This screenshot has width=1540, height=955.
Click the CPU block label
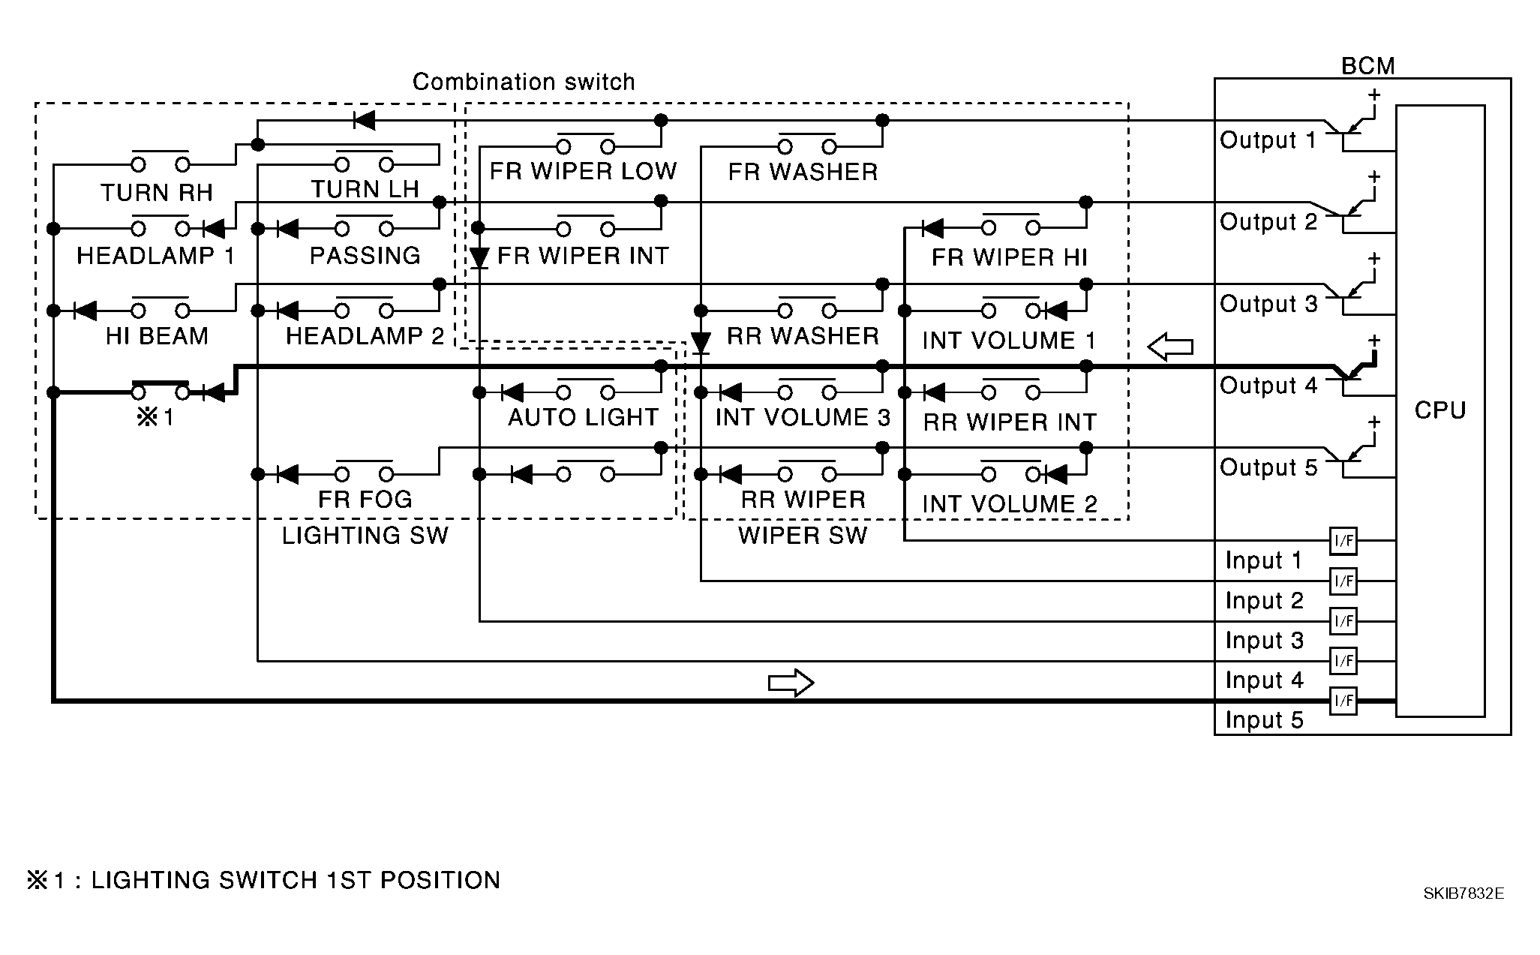coord(1439,410)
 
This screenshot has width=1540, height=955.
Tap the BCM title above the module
coord(1368,66)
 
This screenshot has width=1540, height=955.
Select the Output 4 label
coord(1268,386)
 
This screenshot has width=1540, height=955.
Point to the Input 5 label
coord(1265,720)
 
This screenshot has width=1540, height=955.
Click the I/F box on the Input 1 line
coord(1343,540)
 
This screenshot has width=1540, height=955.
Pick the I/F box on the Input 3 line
coord(1343,621)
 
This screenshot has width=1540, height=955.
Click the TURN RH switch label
coord(157,193)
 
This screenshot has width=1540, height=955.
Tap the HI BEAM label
coord(157,336)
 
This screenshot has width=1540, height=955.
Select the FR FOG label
coord(365,500)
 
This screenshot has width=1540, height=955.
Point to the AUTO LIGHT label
coord(584,417)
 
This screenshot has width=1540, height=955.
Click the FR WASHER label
coord(803,172)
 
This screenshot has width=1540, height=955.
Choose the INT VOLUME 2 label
coord(1010,504)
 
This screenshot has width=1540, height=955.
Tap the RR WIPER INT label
coord(1010,422)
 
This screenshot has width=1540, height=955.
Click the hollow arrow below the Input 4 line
coord(791,683)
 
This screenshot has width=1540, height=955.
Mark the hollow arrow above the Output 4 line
coord(1171,347)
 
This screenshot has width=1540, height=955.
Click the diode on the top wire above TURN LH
coord(364,120)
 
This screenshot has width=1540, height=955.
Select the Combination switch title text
coord(524,82)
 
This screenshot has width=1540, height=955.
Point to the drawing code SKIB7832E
coord(1463,893)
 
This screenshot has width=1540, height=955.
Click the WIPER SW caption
coord(803,536)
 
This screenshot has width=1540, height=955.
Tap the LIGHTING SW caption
coord(365,536)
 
